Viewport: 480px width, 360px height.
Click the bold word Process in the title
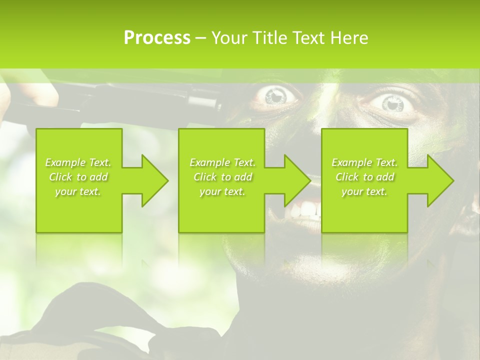[157, 38]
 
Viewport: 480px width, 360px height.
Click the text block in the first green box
[78, 177]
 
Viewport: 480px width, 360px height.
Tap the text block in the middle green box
[222, 177]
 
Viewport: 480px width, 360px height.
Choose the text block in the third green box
[364, 177]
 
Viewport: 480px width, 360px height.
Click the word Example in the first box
[65, 162]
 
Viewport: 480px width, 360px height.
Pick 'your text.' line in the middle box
[222, 191]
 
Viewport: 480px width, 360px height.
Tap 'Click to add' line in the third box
[364, 177]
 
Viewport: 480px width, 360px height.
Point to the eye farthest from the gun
[392, 103]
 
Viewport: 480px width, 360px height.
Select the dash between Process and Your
[200, 38]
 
